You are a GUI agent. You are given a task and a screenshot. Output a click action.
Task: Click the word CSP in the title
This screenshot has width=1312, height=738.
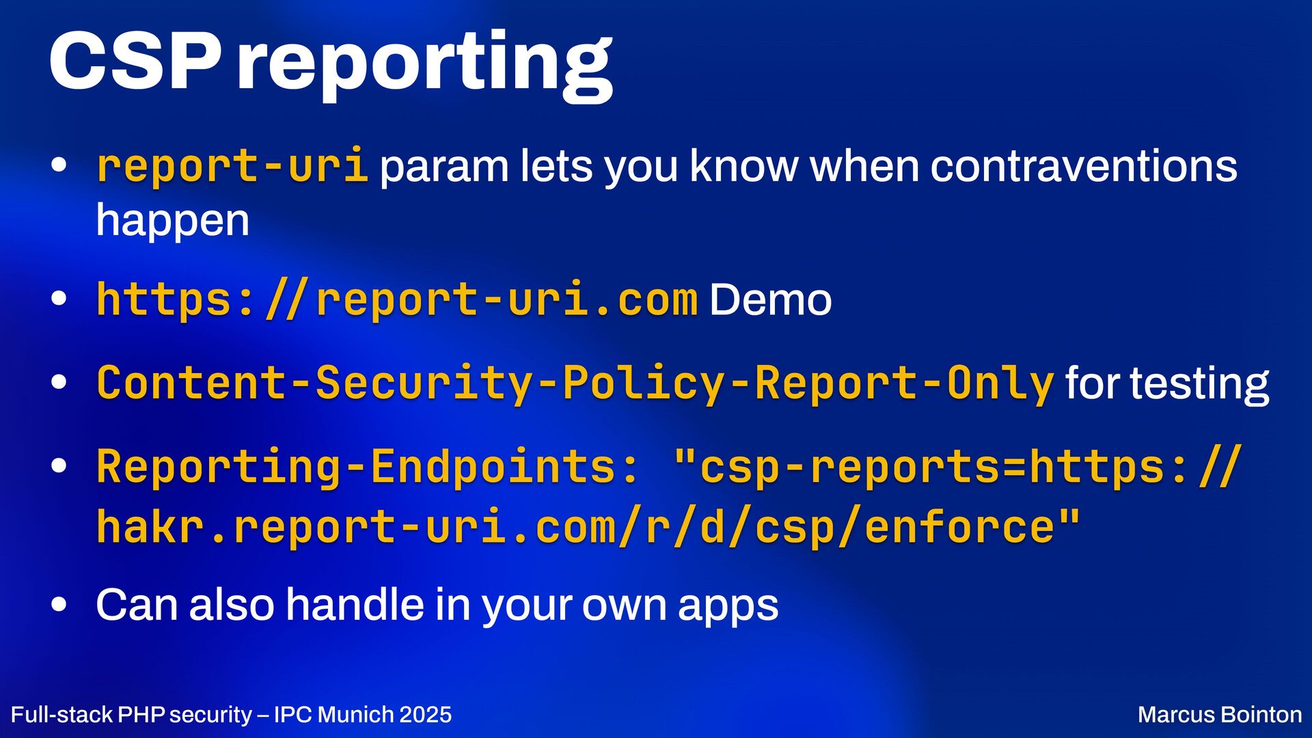135,61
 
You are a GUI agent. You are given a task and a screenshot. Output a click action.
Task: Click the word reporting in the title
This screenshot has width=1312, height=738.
424,66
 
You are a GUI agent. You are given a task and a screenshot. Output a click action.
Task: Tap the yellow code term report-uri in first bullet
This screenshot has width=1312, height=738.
233,166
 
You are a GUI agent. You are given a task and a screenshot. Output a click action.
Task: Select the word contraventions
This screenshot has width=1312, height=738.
1084,166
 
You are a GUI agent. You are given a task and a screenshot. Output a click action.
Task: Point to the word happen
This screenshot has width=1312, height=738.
173,220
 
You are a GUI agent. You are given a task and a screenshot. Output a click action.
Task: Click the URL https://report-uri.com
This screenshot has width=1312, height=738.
397,299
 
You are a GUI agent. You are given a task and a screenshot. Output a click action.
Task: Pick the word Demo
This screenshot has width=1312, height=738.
770,299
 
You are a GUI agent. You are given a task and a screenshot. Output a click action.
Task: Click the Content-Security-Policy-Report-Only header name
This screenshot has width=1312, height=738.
575,383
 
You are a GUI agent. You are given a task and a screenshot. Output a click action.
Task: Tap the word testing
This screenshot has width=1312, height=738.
1199,384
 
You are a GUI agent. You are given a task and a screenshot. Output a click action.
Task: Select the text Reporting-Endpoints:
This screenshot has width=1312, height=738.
368,467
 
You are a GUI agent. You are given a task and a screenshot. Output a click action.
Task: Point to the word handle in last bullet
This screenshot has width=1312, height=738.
355,604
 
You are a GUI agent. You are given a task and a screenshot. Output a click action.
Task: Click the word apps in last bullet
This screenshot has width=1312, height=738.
728,607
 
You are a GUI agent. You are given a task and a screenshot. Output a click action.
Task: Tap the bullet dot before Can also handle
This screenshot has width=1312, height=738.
59,604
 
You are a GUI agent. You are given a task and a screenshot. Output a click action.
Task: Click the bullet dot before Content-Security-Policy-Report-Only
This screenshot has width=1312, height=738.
59,383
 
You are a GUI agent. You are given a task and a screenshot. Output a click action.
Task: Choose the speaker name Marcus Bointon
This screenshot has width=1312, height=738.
1220,715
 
